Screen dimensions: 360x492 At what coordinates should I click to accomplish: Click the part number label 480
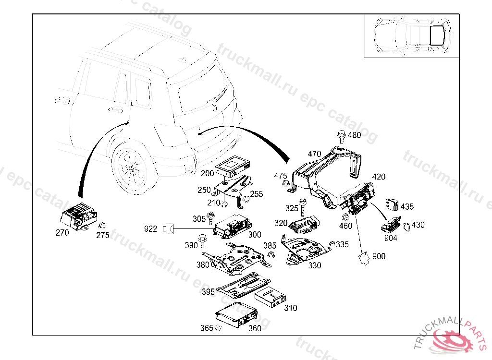click(x=354, y=135)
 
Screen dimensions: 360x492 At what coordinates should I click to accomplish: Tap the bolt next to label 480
click(x=342, y=136)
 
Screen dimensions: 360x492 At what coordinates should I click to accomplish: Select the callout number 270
click(x=62, y=233)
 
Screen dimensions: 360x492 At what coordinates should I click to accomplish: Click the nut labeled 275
click(x=102, y=226)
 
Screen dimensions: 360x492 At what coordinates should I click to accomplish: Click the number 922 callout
click(x=150, y=229)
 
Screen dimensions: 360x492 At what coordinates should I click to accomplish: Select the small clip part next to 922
click(x=168, y=229)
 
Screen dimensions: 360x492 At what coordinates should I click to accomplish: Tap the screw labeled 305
click(x=210, y=218)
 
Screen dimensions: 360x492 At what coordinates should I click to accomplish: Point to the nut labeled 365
click(x=217, y=328)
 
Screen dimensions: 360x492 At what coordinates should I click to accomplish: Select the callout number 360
click(x=255, y=328)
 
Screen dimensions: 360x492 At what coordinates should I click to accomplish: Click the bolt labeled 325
click(x=303, y=206)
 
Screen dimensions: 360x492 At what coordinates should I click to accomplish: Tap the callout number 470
click(x=314, y=154)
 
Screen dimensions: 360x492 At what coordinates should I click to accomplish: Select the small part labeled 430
click(x=406, y=226)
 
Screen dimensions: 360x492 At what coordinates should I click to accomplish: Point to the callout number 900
click(x=379, y=256)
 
